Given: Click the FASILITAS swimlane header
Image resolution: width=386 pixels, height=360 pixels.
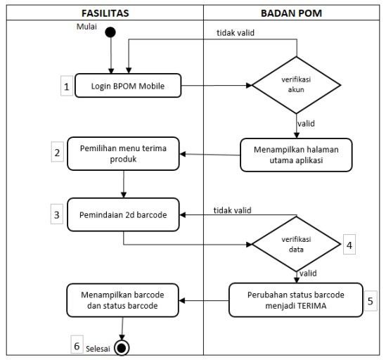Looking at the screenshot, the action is click(x=105, y=13).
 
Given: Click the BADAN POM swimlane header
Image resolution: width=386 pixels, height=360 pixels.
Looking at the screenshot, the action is click(x=292, y=13).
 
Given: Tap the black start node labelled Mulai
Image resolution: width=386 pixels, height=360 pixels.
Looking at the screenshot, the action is click(x=110, y=32).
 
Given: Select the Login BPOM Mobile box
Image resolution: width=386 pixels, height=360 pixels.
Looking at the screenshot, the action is click(x=128, y=86).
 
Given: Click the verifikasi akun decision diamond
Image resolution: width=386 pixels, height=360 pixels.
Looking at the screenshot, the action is click(x=297, y=85).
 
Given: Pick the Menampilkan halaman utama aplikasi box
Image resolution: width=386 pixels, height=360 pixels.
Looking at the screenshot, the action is click(x=296, y=155).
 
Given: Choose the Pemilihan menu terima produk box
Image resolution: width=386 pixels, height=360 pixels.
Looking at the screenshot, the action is click(x=123, y=154).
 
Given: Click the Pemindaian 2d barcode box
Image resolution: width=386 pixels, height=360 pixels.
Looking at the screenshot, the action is click(x=123, y=214).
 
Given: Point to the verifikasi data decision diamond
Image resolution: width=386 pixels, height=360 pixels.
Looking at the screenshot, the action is click(x=297, y=244).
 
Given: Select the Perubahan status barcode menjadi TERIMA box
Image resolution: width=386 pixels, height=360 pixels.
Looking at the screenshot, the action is click(x=296, y=300).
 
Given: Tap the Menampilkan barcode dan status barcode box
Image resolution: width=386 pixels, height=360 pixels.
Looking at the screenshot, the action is click(x=122, y=300).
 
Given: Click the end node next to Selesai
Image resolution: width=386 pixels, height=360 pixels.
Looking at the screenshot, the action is click(x=122, y=348).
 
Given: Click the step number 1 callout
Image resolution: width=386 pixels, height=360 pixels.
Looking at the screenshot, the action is click(x=67, y=86).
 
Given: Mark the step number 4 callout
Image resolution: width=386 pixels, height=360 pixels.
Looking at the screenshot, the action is click(x=349, y=245).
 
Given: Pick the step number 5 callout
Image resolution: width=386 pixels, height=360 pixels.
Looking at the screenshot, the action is click(x=371, y=301).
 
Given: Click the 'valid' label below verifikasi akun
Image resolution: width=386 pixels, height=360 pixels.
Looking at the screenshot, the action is click(x=306, y=123).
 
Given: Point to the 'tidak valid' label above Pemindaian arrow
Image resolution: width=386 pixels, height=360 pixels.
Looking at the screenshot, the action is click(x=233, y=210).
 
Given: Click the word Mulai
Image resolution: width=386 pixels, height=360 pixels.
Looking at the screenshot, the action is click(x=86, y=26).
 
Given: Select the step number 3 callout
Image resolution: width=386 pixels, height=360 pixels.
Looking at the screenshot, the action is click(x=57, y=214).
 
